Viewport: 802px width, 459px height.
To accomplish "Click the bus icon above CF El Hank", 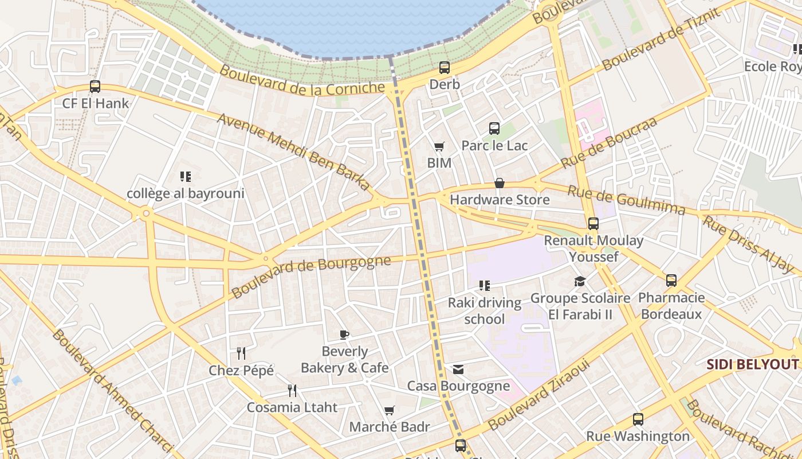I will click(95, 87).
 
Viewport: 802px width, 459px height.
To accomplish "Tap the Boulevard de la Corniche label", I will click(302, 81).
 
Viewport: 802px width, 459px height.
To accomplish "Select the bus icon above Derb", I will click(445, 68).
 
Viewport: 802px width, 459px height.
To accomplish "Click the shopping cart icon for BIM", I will click(439, 147).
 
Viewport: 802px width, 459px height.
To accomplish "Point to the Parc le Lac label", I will click(494, 146).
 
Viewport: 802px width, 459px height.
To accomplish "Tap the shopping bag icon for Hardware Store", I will click(500, 183).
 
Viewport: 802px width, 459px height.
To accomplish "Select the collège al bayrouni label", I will click(186, 193).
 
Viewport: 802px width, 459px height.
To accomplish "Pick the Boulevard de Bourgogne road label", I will click(311, 277).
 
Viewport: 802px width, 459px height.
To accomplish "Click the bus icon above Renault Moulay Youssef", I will click(593, 224).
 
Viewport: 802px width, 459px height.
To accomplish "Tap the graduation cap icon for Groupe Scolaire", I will click(580, 281).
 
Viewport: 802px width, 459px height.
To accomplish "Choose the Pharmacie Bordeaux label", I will click(671, 306).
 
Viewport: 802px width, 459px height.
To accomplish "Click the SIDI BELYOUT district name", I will click(752, 364).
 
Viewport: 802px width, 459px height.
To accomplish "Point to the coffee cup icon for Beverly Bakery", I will click(344, 334).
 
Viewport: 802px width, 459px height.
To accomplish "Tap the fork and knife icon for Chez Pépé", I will click(241, 353).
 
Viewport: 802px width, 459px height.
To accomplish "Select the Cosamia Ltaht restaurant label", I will click(292, 407).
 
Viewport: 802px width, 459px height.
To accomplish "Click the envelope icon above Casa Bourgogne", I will click(458, 369).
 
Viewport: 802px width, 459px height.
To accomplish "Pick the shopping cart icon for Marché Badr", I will click(390, 410).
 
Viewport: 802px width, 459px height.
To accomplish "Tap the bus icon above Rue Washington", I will click(638, 419).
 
